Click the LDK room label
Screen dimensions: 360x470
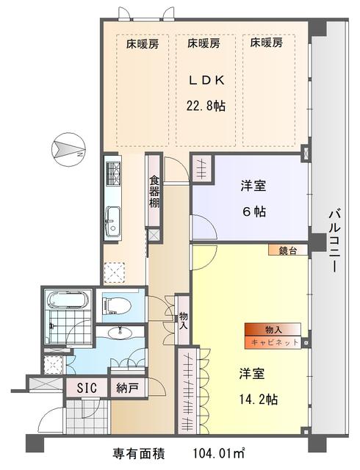click(206, 80)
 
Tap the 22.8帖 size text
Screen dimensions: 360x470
click(206, 106)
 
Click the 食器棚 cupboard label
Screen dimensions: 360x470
click(154, 192)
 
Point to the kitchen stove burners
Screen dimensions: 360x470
click(113, 173)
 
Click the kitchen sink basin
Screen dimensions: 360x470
click(113, 222)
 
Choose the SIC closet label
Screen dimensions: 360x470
click(87, 388)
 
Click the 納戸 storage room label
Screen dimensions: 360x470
click(127, 388)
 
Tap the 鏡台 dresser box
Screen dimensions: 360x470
click(288, 250)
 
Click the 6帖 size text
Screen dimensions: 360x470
click(253, 212)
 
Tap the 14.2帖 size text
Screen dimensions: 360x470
click(258, 399)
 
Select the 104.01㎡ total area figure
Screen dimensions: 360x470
click(219, 454)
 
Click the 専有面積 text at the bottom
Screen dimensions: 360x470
click(139, 454)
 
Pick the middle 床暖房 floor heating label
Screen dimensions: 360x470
click(204, 44)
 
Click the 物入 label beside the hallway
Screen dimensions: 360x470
click(183, 321)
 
